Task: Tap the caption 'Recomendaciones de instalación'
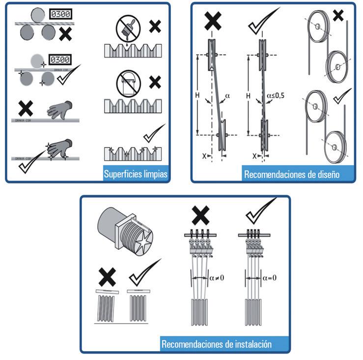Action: coord(216,344)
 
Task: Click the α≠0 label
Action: coord(217,278)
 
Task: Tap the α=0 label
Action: coord(269,278)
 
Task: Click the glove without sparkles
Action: coord(61,109)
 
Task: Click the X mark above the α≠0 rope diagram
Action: coord(199,215)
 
